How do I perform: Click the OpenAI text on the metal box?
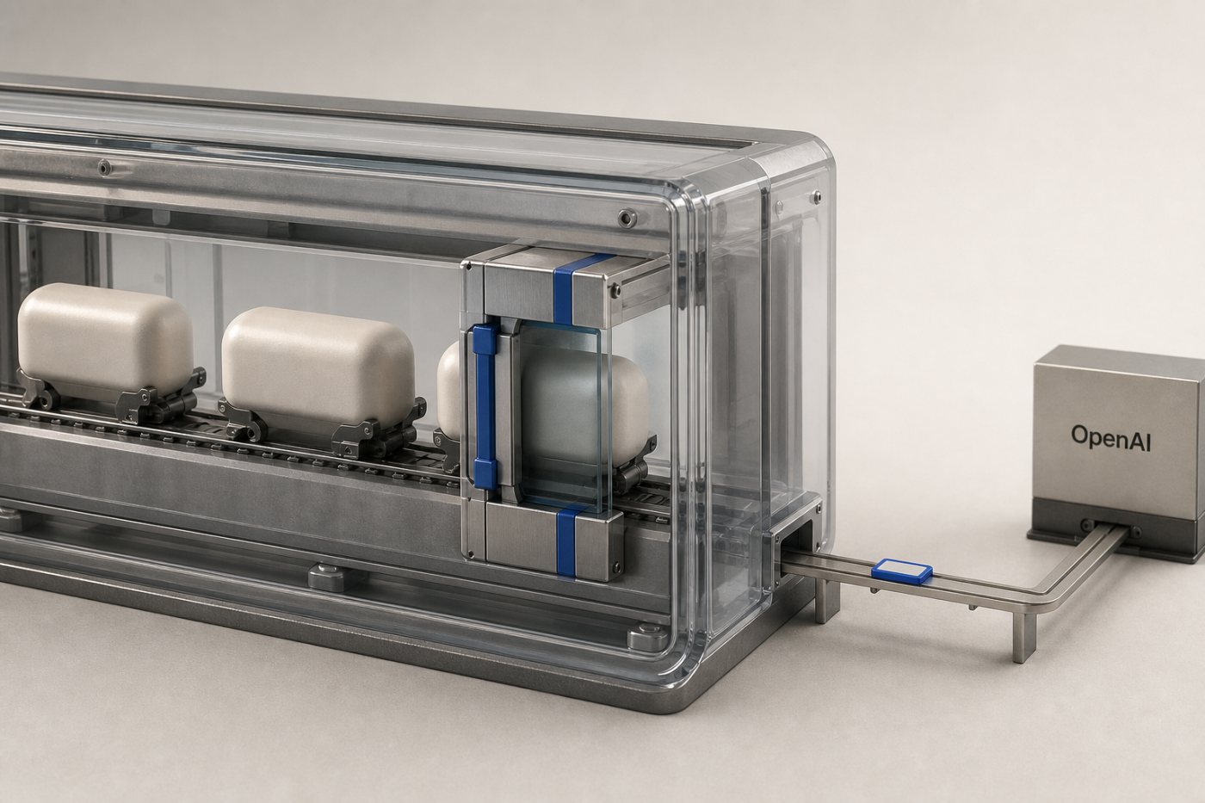[x=1110, y=436]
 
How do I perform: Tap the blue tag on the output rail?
[x=902, y=570]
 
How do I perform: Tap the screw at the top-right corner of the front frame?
[x=626, y=217]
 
